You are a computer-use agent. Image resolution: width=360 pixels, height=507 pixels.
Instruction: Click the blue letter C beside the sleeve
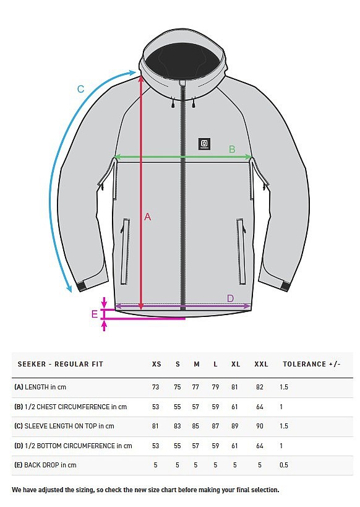pos(81,89)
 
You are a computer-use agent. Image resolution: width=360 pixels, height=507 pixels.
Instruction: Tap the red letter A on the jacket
pos(147,217)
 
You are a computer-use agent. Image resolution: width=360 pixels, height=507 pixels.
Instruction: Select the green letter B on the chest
pos(232,149)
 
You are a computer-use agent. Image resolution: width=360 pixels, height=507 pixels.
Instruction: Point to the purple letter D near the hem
pos(230,298)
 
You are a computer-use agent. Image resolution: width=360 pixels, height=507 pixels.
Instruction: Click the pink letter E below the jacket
pos(95,314)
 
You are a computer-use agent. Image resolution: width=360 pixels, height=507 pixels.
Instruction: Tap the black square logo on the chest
pos(204,144)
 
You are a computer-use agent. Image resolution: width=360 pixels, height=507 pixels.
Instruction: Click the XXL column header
pos(261,364)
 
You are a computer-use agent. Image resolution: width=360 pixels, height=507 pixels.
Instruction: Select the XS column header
pos(156,364)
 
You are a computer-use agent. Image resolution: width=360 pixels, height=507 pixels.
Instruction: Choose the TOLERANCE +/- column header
pos(312,364)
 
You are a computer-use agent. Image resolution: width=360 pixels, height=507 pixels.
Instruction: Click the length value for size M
pos(195,387)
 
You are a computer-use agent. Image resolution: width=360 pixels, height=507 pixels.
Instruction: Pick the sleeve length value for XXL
pos(260,426)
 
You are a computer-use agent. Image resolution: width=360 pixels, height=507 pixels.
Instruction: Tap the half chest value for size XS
pos(155,407)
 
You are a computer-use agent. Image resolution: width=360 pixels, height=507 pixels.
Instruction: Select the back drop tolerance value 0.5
pos(284,465)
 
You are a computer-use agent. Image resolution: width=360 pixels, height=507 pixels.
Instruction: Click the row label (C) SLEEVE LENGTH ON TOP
pos(64,426)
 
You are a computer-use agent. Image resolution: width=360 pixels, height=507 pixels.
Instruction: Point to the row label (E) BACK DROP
pos(45,465)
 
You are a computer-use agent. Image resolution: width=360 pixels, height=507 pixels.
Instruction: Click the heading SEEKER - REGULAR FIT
pos(61,364)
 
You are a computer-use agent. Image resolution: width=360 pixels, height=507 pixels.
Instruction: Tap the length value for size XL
pos(234,387)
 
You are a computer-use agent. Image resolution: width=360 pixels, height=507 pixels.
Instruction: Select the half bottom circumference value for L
pos(215,446)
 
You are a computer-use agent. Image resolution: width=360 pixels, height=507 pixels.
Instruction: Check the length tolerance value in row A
pos(284,387)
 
